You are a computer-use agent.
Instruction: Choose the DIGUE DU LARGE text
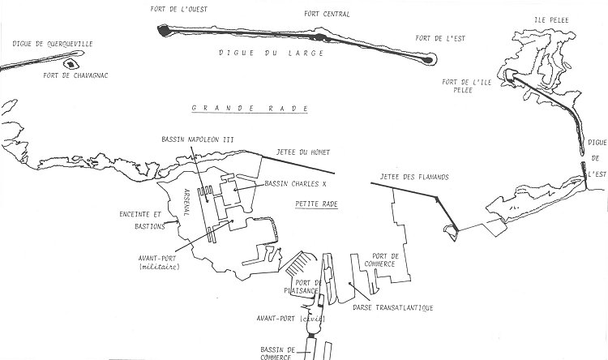pos(270,53)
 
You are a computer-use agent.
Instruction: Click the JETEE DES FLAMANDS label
pos(420,176)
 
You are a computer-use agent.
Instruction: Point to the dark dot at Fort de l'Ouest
pos(164,31)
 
